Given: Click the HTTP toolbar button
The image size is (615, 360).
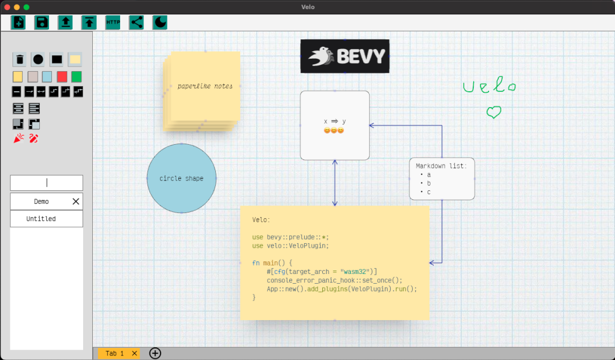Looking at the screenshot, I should [x=113, y=22].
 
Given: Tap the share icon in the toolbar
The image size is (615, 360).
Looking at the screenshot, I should [x=136, y=22].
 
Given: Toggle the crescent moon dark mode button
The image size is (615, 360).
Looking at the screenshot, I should [x=160, y=22].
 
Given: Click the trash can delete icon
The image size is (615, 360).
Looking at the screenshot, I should [x=20, y=59].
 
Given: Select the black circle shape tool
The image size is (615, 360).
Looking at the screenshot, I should [x=38, y=59].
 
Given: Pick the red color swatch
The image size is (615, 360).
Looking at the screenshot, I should [x=62, y=76].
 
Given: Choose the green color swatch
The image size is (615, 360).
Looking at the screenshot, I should [x=76, y=76].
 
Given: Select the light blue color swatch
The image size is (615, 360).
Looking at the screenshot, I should [x=47, y=76].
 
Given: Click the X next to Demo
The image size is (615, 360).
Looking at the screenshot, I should [x=76, y=202].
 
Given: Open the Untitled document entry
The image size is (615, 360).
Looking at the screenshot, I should [x=41, y=219].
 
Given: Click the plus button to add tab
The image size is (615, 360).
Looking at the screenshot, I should [x=155, y=353].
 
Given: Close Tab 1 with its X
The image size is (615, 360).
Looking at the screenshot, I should [x=134, y=354].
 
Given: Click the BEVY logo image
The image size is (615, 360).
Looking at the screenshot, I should [x=345, y=56].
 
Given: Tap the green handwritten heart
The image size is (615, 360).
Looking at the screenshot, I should [x=494, y=112].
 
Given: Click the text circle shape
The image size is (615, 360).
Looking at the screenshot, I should [x=181, y=178].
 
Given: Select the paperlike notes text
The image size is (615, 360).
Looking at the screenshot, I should [x=205, y=86].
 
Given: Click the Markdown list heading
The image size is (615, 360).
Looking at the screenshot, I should [x=441, y=166].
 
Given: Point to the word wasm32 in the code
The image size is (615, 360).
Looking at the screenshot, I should [x=356, y=272].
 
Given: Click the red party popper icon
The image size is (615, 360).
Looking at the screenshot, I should [x=19, y=138].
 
